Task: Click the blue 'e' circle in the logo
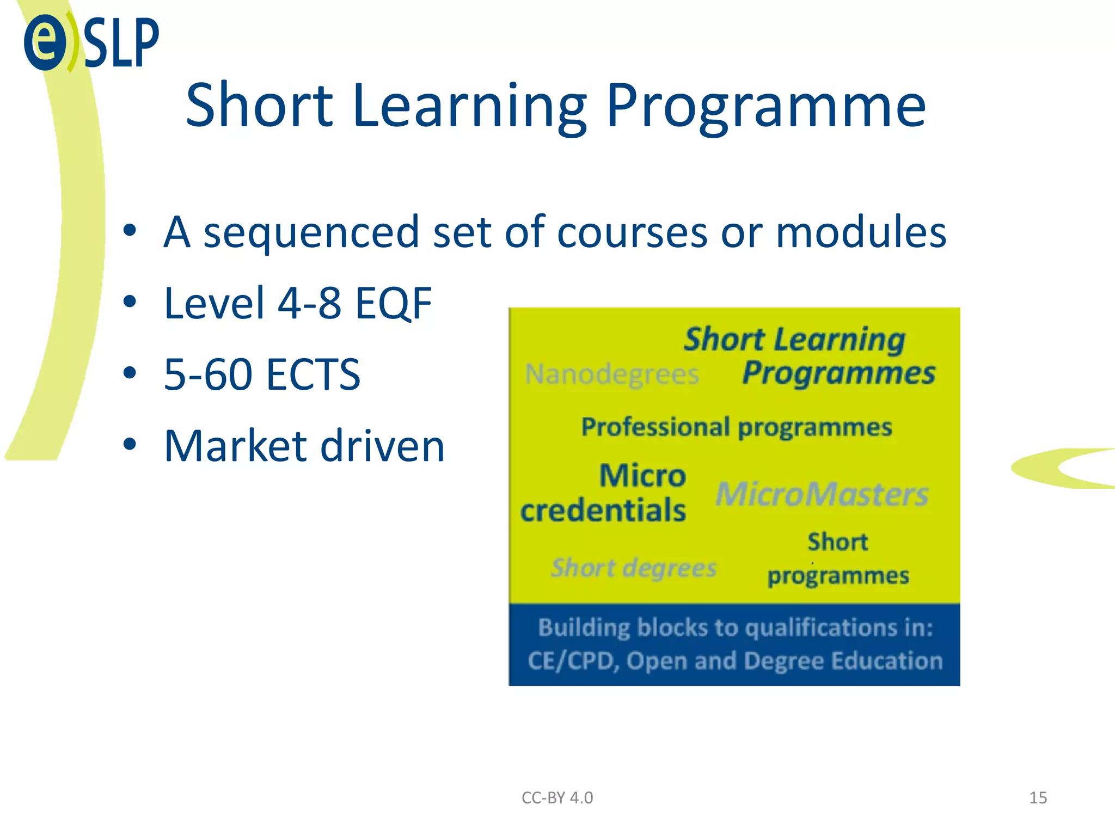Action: pos(45,42)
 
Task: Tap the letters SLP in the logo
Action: pos(121,43)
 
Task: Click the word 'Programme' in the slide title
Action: pos(765,106)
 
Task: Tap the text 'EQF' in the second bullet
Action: pos(393,303)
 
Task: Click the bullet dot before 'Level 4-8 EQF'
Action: pos(130,302)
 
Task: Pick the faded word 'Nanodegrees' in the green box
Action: pos(612,374)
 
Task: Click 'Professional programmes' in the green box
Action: pos(736,427)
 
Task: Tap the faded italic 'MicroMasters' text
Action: pos(822,494)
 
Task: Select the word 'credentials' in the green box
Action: pos(603,511)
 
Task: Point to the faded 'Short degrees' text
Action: pos(634,568)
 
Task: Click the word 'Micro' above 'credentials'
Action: pos(642,476)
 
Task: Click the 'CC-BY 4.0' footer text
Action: pos(557,798)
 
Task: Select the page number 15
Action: pos(1038,798)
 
